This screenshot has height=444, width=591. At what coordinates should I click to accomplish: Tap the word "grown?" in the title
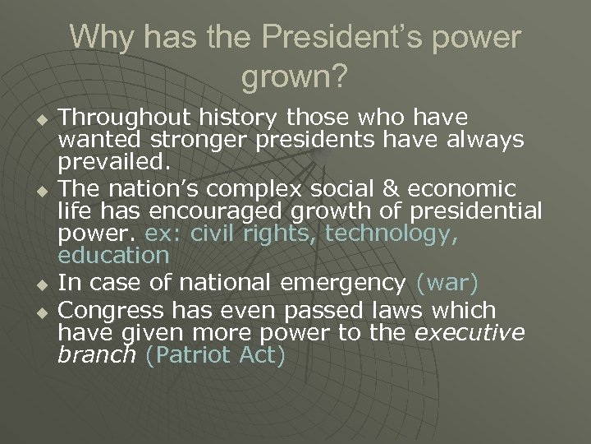pyautogui.click(x=295, y=78)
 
